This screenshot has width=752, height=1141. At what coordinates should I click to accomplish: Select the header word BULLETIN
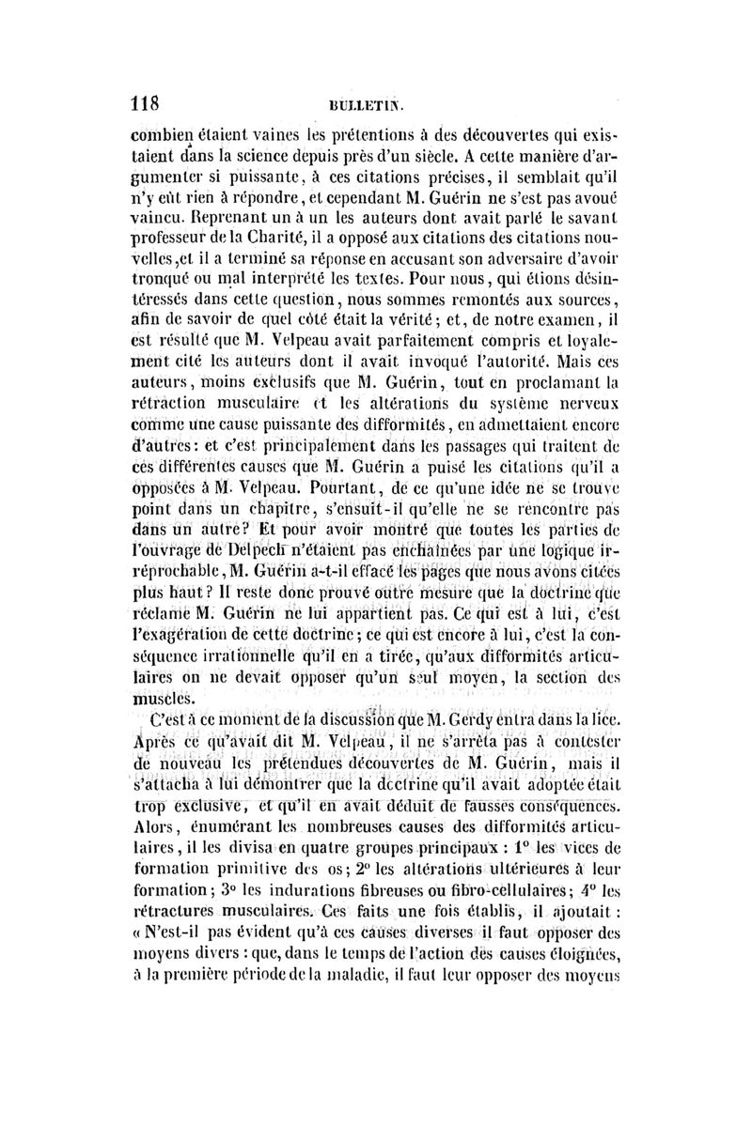[x=377, y=104]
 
